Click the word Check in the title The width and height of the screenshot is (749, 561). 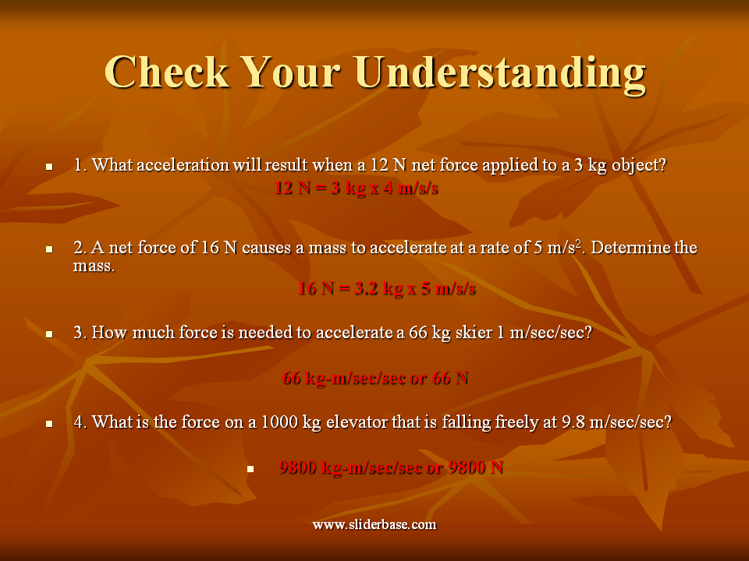(167, 72)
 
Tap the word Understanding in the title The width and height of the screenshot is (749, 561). (500, 75)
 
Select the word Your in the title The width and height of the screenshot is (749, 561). (292, 72)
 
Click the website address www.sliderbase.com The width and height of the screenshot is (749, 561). (374, 524)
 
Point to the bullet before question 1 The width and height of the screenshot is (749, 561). (49, 167)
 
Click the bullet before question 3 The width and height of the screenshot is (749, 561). (49, 334)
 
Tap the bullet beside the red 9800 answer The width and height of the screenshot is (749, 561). (250, 469)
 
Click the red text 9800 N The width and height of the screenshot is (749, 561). (476, 467)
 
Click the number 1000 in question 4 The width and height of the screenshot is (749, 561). (279, 422)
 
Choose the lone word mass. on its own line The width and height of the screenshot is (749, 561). (94, 266)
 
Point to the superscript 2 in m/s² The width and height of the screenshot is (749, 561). (578, 244)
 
